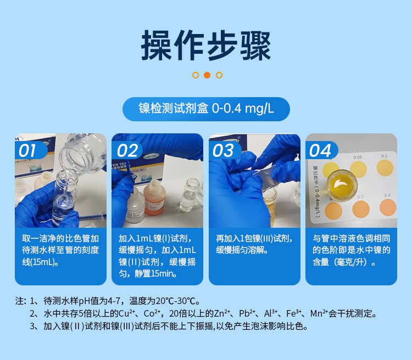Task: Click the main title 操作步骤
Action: tap(206, 45)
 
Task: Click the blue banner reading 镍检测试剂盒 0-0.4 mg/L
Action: tap(206, 108)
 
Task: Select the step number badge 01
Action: tap(27, 150)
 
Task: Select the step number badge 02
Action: tap(126, 150)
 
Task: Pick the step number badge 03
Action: tap(224, 150)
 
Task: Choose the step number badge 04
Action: tap(320, 150)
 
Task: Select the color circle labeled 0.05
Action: tap(358, 167)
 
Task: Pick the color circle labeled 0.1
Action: tap(385, 166)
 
